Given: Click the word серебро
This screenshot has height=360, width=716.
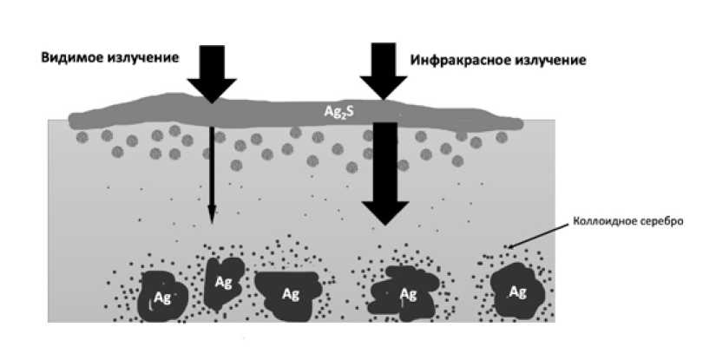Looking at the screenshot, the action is (x=661, y=221).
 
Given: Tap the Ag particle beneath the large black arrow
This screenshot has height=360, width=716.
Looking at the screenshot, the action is (x=404, y=293).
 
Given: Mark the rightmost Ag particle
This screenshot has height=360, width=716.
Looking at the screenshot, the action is (x=516, y=291).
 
